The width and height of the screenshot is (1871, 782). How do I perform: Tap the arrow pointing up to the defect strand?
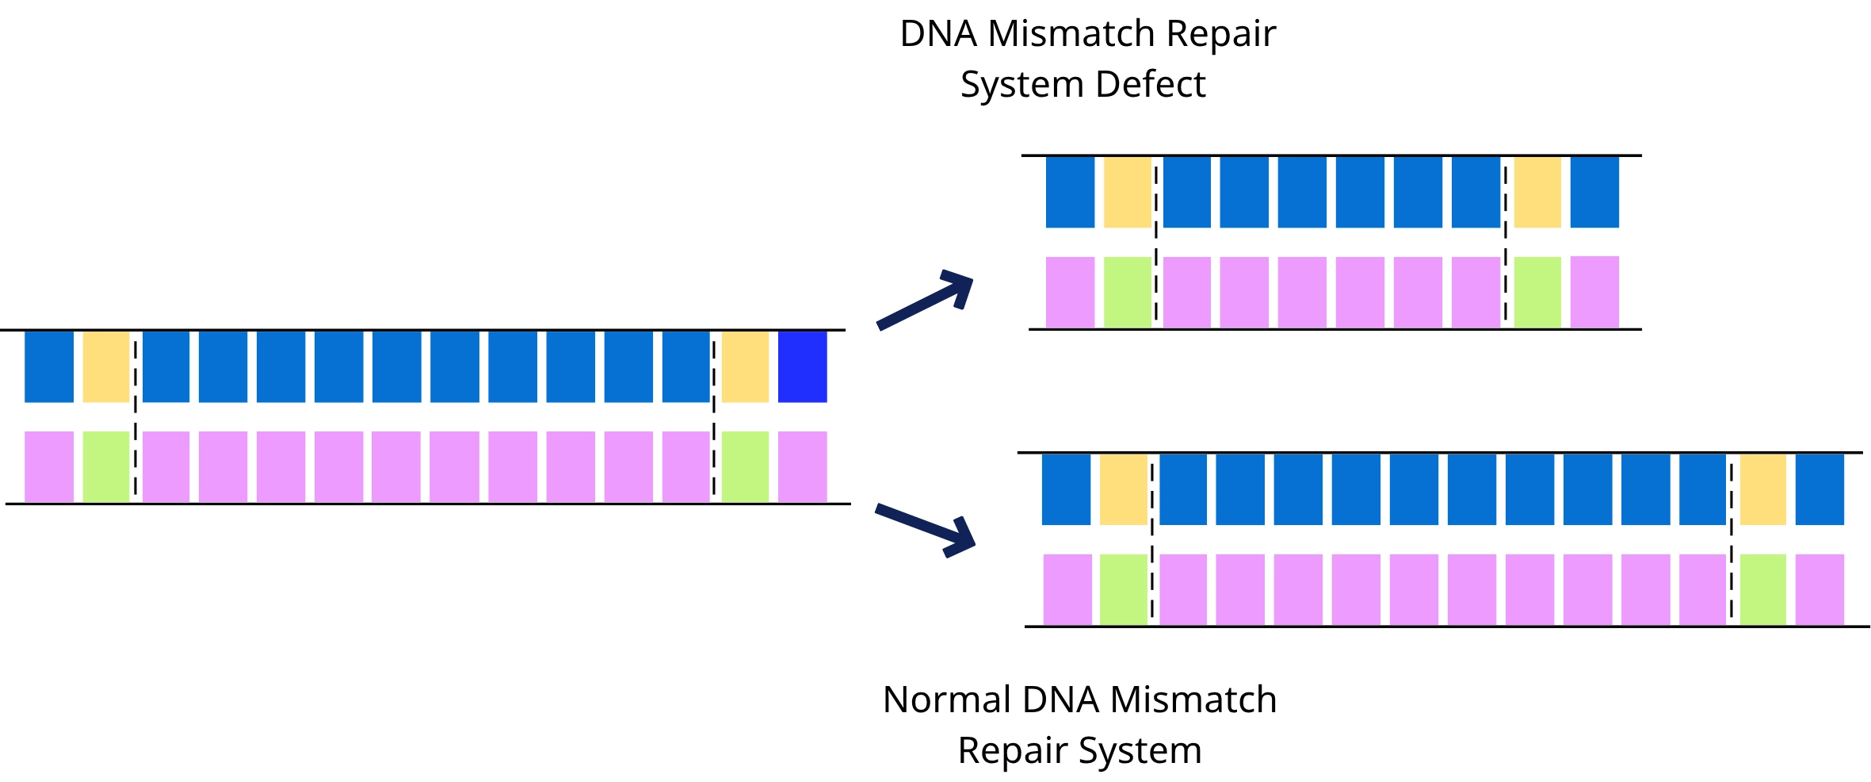tap(926, 299)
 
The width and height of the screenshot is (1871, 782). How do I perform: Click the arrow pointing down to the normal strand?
tap(926, 528)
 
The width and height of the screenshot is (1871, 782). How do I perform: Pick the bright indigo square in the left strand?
tap(802, 366)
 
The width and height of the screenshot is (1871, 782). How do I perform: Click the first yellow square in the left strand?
tap(106, 366)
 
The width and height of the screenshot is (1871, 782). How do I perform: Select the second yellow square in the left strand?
tap(745, 366)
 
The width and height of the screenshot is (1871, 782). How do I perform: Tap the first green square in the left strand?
tap(106, 466)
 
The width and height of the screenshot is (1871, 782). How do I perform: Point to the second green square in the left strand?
tap(745, 466)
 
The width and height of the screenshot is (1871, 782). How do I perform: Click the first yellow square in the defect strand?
tap(1127, 192)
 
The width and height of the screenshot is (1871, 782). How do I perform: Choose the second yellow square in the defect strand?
tap(1537, 192)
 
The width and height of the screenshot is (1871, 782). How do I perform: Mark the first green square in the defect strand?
tap(1127, 292)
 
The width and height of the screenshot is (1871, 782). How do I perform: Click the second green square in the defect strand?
tap(1537, 292)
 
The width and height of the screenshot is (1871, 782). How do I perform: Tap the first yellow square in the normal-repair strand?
tap(1123, 489)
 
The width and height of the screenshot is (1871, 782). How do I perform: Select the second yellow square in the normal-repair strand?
tap(1763, 489)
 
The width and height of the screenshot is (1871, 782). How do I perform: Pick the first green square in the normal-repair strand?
tap(1123, 589)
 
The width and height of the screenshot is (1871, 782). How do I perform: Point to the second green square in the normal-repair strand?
tap(1763, 589)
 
